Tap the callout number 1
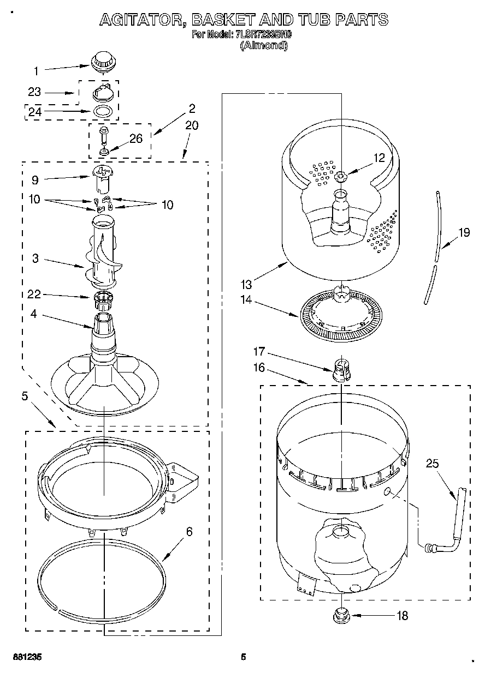tap(36, 70)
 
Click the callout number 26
tap(135, 139)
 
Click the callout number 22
tap(34, 295)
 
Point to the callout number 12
tap(379, 158)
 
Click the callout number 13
tap(246, 284)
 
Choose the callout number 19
tap(464, 233)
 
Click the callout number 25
tap(432, 464)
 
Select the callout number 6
tap(189, 531)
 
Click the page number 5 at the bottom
tap(244, 657)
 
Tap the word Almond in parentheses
tap(264, 46)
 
